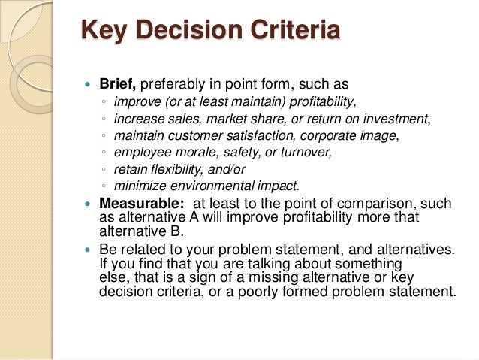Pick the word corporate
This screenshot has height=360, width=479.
click(x=327, y=135)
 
